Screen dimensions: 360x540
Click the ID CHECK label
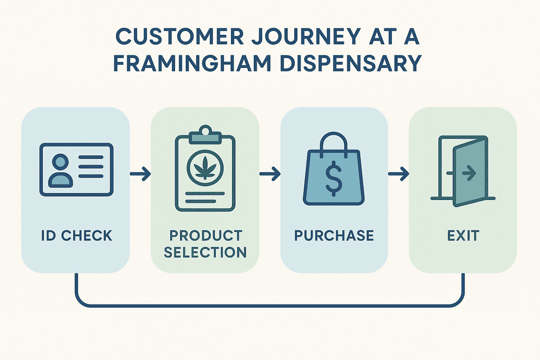(x=76, y=236)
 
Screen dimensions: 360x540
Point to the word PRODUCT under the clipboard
(x=205, y=236)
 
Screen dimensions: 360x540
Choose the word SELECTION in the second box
(x=205, y=252)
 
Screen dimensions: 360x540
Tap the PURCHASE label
(x=334, y=236)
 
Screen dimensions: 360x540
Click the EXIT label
(x=463, y=236)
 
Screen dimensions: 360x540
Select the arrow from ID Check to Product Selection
(x=140, y=173)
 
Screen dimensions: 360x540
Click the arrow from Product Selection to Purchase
(x=269, y=173)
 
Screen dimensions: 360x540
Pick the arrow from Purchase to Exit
(x=399, y=173)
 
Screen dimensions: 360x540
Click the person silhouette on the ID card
(x=60, y=170)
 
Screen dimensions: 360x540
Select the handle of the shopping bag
(x=334, y=139)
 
